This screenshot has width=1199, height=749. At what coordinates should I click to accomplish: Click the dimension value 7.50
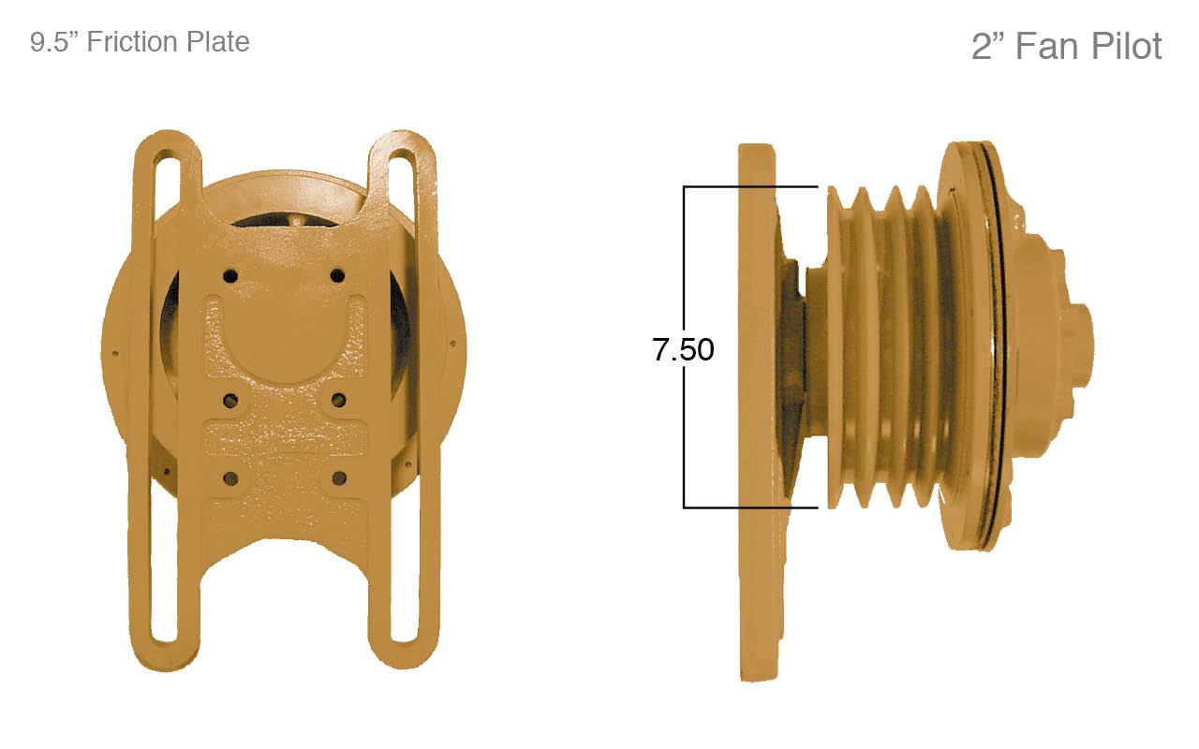coord(683,349)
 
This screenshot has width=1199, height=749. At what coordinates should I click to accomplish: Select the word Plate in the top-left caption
coord(216,42)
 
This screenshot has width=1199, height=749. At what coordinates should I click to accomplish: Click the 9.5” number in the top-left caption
coord(54,42)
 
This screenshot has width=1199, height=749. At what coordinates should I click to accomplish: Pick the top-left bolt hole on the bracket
coord(230,276)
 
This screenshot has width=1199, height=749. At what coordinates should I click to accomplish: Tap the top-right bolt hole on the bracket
coord(337,275)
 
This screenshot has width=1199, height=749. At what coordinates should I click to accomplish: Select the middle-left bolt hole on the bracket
coord(230,401)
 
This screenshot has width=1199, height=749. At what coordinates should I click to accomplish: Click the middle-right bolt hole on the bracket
coord(338,401)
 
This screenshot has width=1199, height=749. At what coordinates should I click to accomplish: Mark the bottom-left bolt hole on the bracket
coord(230,478)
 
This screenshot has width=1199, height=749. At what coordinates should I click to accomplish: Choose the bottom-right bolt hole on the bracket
coord(338,478)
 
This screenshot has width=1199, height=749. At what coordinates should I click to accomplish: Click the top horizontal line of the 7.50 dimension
coord(749,187)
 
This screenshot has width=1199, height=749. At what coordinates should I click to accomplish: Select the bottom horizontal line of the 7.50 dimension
coord(749,507)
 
